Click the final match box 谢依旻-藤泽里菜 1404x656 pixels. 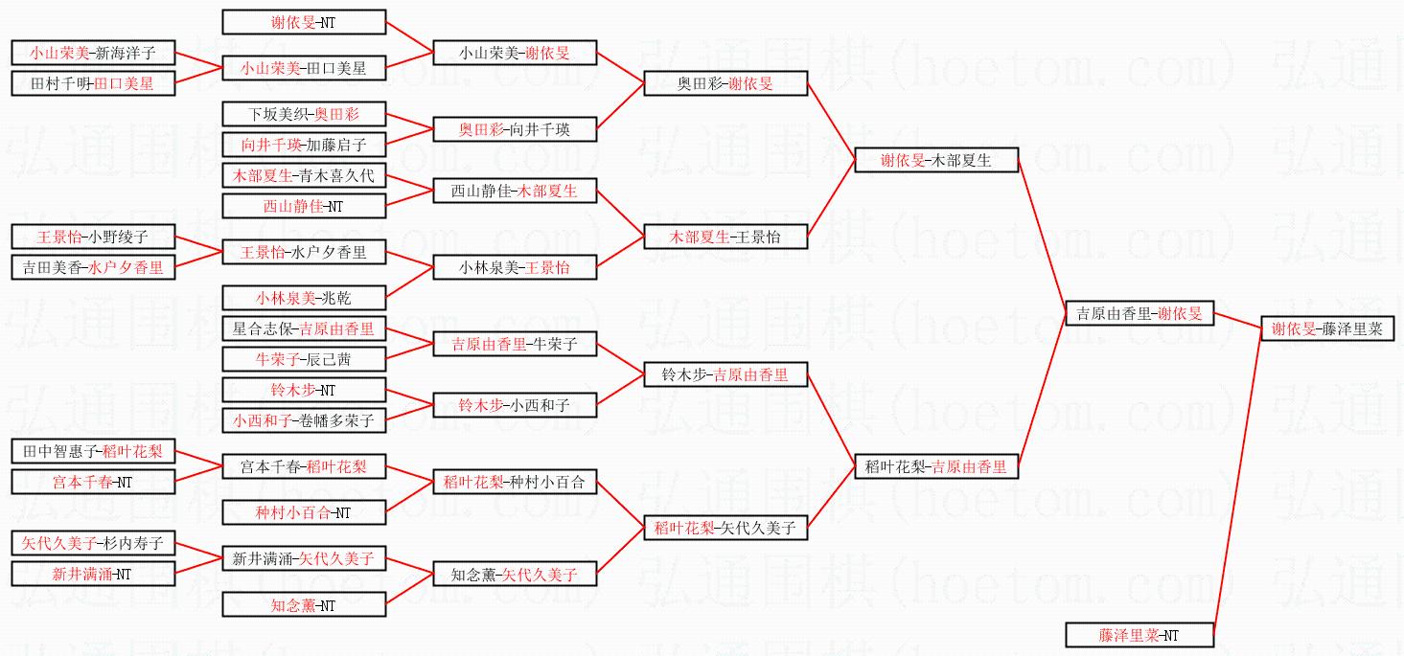pyautogui.click(x=1326, y=328)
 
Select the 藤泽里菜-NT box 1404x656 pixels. pyautogui.click(x=1139, y=635)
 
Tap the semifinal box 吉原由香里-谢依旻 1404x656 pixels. pyautogui.click(x=1139, y=313)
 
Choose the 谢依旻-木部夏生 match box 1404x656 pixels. pyautogui.click(x=936, y=161)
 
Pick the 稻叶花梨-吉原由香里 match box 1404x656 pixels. pyautogui.click(x=936, y=466)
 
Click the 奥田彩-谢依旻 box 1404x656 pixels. pyautogui.click(x=725, y=83)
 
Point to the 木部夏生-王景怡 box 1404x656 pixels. pyautogui.click(x=725, y=237)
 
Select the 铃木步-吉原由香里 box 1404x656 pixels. pyautogui.click(x=725, y=375)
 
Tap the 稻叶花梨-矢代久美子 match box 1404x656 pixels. pyautogui.click(x=725, y=528)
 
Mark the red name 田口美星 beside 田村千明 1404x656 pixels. pyautogui.click(x=124, y=83)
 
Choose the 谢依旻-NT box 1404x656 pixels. pyautogui.click(x=304, y=22)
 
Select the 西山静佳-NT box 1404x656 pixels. pyautogui.click(x=304, y=206)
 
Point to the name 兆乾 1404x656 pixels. pyautogui.click(x=335, y=298)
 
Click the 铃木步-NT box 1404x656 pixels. pyautogui.click(x=304, y=390)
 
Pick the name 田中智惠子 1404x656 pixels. pyautogui.click(x=58, y=451)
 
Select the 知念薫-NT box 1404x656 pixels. pyautogui.click(x=304, y=605)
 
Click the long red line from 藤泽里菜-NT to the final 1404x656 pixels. pyautogui.click(x=1237, y=479)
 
